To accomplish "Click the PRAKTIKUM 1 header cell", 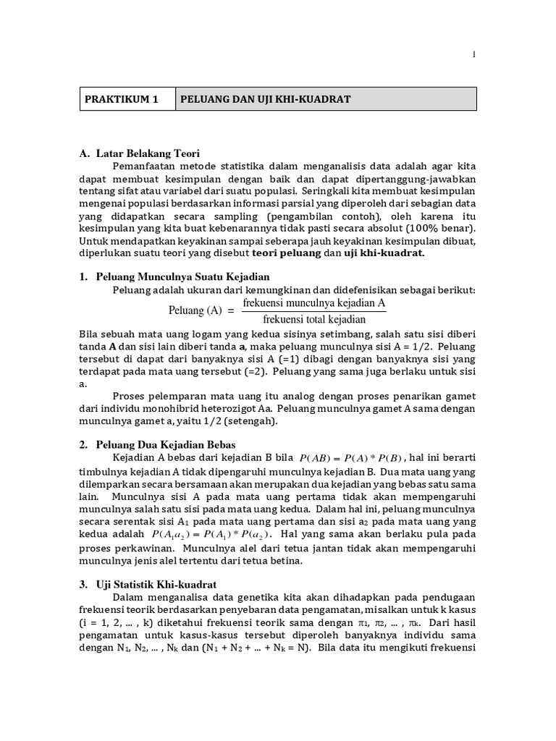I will pyautogui.click(x=127, y=99).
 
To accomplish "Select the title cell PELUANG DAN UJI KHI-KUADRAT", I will pyautogui.click(x=265, y=99).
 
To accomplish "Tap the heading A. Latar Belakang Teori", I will pyautogui.click(x=139, y=153).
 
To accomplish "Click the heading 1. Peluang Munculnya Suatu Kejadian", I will pyautogui.click(x=174, y=277).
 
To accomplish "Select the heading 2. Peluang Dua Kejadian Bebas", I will pyautogui.click(x=158, y=444).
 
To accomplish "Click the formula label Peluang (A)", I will pyautogui.click(x=195, y=311).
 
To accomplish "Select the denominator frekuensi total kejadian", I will pyautogui.click(x=315, y=319).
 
